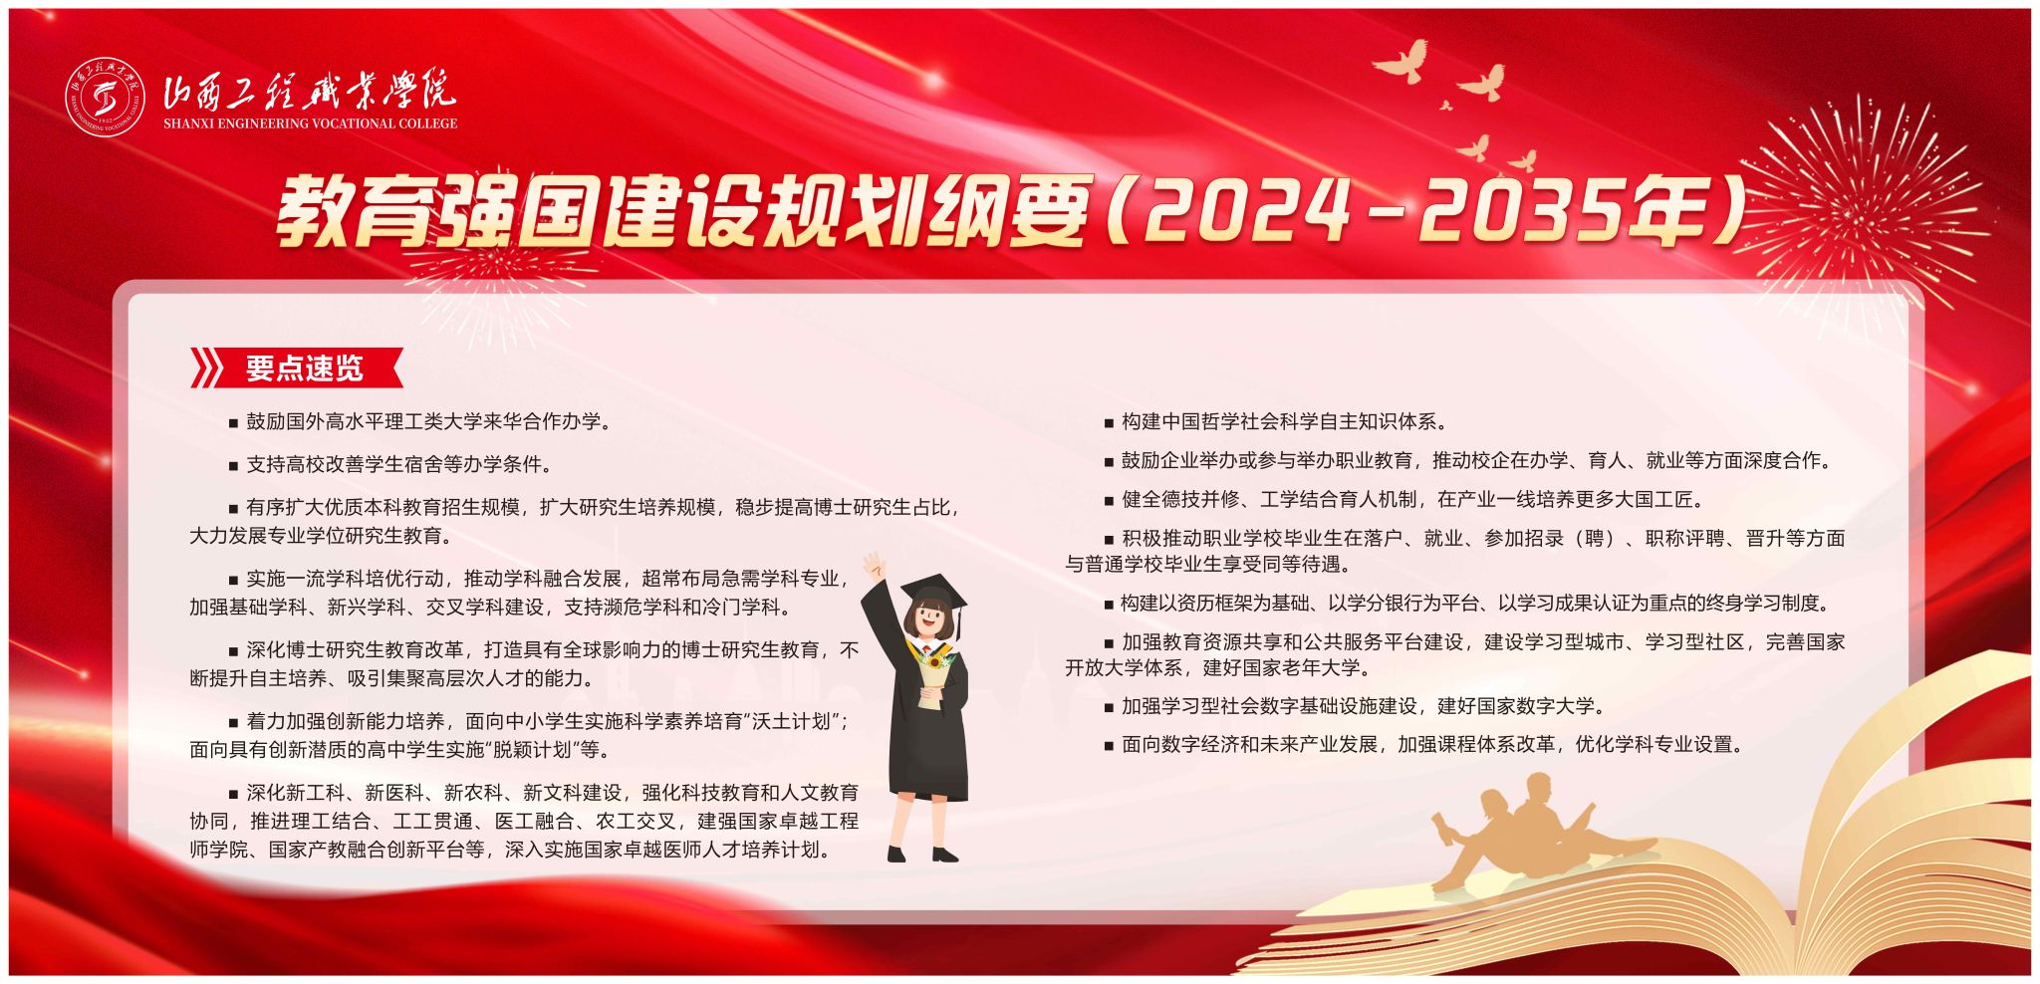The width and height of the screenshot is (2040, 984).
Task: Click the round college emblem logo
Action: pos(106,98)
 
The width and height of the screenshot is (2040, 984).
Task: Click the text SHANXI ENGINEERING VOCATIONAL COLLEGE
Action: pos(310,123)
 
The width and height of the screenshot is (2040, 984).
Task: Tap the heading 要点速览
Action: pos(305,369)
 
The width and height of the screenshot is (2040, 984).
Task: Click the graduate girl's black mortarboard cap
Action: pos(934,594)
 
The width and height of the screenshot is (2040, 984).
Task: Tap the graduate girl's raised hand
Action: pos(874,567)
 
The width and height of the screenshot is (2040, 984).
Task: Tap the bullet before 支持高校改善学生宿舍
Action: pos(234,465)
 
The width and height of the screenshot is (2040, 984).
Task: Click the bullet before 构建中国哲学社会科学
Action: pos(1109,423)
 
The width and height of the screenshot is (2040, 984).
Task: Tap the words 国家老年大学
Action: pos(1301,667)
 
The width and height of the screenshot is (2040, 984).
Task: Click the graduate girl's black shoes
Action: pos(922,855)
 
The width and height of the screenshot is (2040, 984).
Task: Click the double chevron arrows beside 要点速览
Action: pos(207,369)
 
